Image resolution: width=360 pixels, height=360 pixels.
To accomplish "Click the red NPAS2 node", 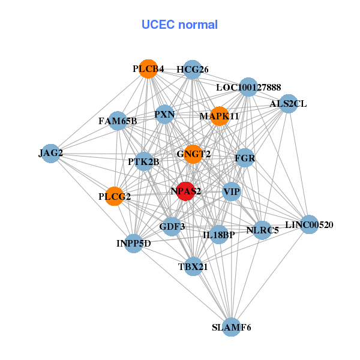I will click(x=186, y=191).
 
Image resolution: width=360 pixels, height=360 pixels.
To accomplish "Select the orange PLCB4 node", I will click(x=148, y=69).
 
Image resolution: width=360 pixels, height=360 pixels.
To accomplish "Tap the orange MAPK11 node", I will click(x=220, y=116).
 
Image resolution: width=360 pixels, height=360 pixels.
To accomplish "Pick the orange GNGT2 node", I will click(x=193, y=154).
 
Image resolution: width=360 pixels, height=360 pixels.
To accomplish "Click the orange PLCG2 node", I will click(x=115, y=196).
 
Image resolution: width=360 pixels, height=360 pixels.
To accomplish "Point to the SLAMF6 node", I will click(x=231, y=328).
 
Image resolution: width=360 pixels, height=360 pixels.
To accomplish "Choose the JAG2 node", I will click(x=51, y=153).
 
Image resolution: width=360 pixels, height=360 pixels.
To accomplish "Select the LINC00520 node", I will click(x=308, y=225).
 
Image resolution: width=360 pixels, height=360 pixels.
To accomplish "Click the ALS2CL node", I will click(x=288, y=103).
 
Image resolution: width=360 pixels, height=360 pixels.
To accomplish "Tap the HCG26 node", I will click(x=192, y=70).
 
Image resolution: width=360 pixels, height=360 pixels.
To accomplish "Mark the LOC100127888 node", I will click(x=248, y=88).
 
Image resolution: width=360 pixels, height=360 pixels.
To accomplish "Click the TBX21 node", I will click(x=193, y=266).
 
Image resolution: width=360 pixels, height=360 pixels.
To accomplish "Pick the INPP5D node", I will click(x=134, y=243).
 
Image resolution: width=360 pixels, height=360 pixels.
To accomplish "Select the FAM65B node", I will click(x=118, y=121).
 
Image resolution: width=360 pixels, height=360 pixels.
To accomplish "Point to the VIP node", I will click(x=232, y=192).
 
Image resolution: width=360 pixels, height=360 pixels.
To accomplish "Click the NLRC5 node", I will click(x=262, y=230).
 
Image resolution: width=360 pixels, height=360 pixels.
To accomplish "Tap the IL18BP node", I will click(x=218, y=234).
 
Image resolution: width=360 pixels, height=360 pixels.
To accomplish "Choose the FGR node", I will click(x=245, y=159).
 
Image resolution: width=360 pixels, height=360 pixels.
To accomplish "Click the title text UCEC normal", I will click(x=179, y=25).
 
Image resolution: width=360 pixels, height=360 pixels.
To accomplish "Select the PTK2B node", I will click(x=143, y=161).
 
